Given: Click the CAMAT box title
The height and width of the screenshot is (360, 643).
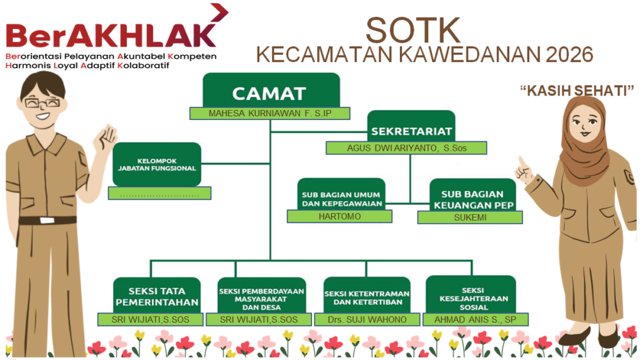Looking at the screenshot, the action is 269,94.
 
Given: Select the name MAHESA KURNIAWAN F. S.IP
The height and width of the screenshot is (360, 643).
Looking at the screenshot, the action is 270,114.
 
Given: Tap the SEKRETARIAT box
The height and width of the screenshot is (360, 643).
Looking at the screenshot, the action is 411,126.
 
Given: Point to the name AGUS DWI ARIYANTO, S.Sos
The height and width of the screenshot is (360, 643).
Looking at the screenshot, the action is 407,148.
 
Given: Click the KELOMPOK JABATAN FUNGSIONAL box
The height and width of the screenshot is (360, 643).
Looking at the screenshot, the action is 156,164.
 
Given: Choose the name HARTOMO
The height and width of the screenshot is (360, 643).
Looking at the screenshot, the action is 340,216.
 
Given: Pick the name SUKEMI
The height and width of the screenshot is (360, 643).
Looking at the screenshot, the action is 470,217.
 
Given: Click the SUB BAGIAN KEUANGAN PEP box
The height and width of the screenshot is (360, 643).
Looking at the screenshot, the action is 473,195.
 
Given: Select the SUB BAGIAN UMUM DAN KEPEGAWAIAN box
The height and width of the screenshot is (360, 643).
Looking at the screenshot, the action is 341,194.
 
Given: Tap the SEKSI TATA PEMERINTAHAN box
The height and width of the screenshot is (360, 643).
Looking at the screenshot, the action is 156,295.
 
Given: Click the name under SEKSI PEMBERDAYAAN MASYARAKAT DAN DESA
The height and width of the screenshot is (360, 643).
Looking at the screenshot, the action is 259,320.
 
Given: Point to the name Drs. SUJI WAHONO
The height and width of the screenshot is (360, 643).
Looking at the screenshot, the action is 367,320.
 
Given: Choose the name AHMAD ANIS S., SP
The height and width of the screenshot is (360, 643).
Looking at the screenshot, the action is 475,320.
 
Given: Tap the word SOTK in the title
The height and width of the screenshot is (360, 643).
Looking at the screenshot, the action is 413,30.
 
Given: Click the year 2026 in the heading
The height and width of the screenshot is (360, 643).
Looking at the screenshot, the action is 570,55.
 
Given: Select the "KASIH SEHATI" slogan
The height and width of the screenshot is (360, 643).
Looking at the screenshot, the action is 577,90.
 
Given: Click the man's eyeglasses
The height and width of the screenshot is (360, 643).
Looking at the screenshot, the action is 42,102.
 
